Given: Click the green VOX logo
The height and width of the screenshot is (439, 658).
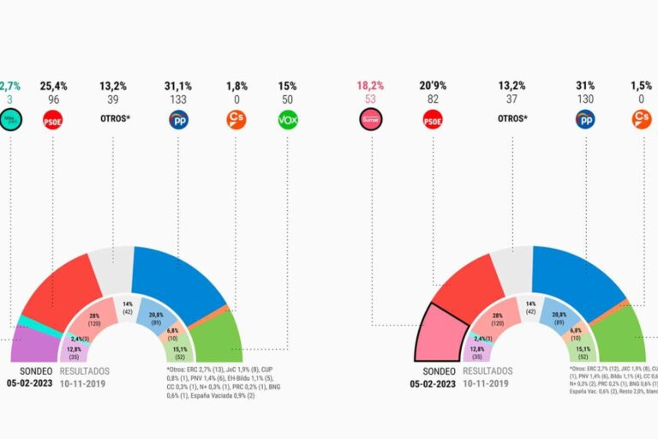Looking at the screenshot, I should [288, 120].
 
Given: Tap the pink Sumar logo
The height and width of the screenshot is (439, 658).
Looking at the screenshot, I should [370, 120].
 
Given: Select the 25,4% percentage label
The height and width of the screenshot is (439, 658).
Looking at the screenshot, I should [53, 86].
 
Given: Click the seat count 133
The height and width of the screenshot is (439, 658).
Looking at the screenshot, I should [178, 99].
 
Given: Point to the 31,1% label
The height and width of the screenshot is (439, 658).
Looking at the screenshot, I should [178, 86].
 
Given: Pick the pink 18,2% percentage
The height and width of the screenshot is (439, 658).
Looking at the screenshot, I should [370, 86].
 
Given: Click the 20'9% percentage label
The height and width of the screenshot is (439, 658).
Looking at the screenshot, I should [432, 86].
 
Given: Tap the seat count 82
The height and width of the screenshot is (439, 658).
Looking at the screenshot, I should [432, 99].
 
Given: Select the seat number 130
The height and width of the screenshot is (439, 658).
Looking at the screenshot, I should [586, 99].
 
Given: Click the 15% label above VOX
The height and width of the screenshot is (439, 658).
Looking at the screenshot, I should [287, 86].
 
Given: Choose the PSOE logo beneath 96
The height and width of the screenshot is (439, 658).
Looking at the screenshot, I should [53, 120].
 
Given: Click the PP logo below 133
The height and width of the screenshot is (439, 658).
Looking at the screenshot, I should [178, 120].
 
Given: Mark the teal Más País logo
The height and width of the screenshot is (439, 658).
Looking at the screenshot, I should [9, 120].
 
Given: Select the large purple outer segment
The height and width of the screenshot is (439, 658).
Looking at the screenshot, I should [33, 346].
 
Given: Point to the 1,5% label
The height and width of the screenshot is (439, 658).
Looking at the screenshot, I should [642, 86].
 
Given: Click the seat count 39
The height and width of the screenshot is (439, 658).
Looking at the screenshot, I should [114, 99].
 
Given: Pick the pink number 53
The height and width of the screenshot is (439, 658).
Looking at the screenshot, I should [370, 99].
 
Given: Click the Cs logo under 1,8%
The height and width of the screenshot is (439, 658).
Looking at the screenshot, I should [236, 120].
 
